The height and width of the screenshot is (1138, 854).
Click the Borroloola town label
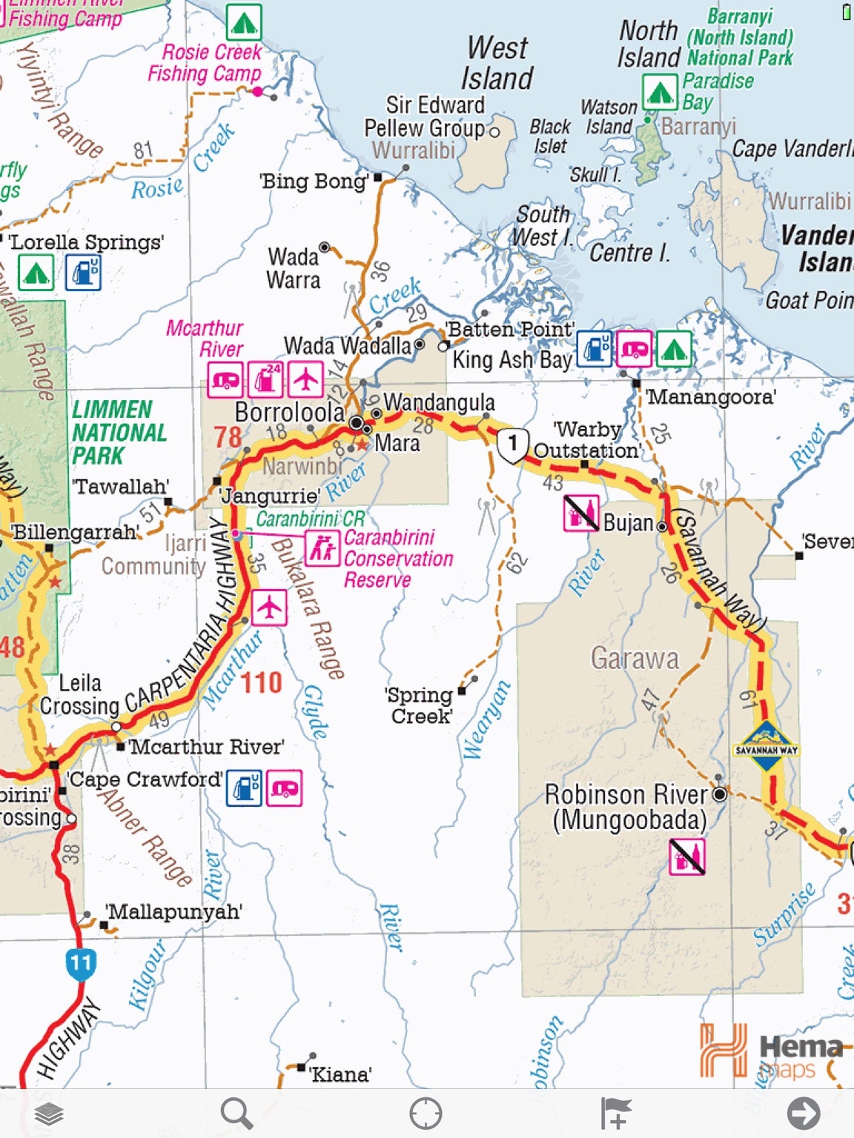coord(289,413)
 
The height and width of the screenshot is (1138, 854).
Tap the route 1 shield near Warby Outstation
coord(512,445)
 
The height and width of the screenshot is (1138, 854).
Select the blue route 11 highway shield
coord(80,964)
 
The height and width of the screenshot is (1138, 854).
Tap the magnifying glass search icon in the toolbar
coord(237,1113)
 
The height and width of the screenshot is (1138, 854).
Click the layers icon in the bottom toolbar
coord(49,1114)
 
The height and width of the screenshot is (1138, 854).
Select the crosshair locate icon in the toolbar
coord(426,1113)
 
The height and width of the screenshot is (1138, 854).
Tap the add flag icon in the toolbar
coord(615,1113)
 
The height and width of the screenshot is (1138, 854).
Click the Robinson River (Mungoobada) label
coord(627,807)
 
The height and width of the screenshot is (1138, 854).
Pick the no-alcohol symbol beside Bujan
coord(581,513)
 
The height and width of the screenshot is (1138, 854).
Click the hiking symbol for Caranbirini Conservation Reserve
coord(322,549)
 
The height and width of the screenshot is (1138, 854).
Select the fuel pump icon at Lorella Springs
coord(83,272)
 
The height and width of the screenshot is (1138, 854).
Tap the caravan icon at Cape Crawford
coord(284,788)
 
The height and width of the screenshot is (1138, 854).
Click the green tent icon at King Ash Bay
coord(673,349)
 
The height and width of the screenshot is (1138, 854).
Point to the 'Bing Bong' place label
coord(314,182)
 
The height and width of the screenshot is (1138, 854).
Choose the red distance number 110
coord(261,682)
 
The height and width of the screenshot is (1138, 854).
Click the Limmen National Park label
coord(119,432)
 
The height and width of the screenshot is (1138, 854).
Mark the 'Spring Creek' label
coord(420,705)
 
